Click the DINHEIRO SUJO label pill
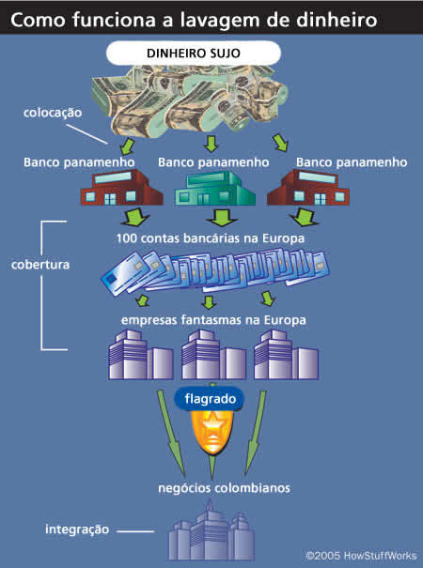[194, 53]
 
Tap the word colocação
[53, 113]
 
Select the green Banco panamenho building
[214, 189]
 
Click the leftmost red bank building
[121, 187]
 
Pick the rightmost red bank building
[308, 187]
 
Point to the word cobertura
[40, 265]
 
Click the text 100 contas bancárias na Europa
[211, 238]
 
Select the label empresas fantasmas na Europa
[213, 320]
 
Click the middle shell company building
[214, 355]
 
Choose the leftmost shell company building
[141, 355]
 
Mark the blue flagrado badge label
[210, 399]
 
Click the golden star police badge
[212, 431]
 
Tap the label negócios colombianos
[225, 488]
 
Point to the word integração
[77, 530]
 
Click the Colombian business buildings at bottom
[211, 531]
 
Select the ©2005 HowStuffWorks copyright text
[361, 556]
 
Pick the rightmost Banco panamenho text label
[352, 162]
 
